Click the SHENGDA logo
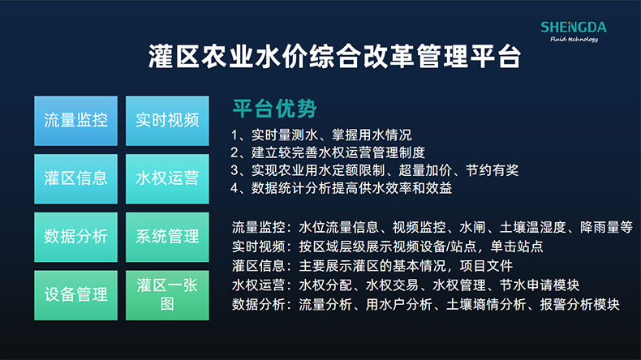click(x=573, y=31)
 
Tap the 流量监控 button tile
click(x=75, y=120)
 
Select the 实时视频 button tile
click(x=167, y=120)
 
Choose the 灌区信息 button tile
click(x=75, y=178)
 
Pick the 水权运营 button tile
click(x=167, y=178)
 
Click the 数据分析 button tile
click(x=75, y=237)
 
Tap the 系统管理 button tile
click(x=167, y=237)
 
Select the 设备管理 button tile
click(x=75, y=295)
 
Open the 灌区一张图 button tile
click(x=167, y=295)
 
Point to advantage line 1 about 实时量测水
click(x=321, y=135)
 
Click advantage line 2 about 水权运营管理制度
click(x=328, y=152)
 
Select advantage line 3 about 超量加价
click(x=374, y=170)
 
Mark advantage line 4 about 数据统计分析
click(x=342, y=188)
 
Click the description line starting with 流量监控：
click(x=432, y=228)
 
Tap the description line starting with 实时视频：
click(x=387, y=246)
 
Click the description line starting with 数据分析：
click(x=426, y=305)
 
